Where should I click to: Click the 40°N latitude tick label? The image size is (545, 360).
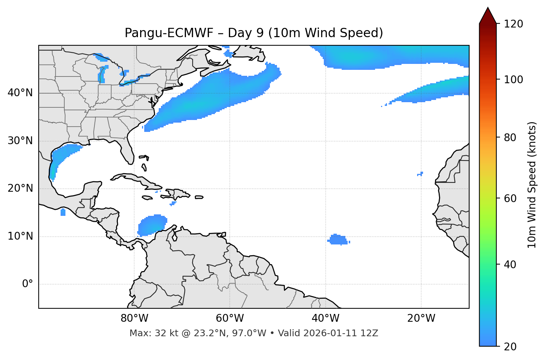(20, 93)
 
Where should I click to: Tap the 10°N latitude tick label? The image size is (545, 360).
(20, 236)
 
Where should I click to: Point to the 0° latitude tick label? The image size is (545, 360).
(28, 284)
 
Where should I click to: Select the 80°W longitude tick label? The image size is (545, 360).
(134, 318)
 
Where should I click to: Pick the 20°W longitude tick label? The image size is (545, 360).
(421, 318)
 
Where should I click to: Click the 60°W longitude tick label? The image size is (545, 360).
(230, 318)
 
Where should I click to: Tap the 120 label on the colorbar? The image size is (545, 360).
(514, 24)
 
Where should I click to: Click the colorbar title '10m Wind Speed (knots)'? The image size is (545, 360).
(532, 185)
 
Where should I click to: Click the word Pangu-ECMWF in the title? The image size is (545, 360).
(169, 33)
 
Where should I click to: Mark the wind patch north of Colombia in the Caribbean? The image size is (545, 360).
(152, 225)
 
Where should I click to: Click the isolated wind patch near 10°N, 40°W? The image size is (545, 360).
(338, 240)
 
